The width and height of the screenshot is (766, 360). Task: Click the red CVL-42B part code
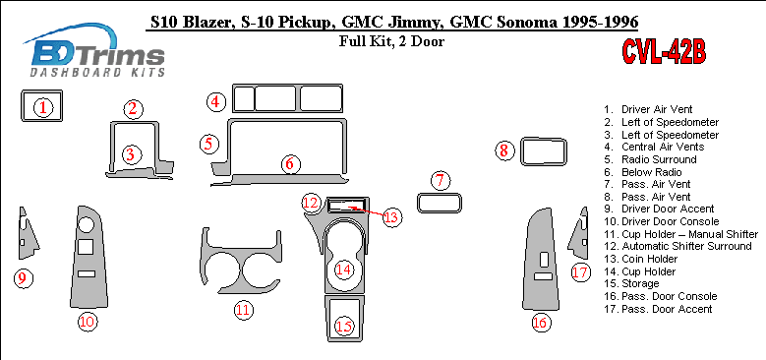tap(664, 52)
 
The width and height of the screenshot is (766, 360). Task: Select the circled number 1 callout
tap(43, 107)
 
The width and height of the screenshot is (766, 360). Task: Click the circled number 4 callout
tap(216, 102)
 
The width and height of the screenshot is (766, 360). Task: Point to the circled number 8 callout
tap(503, 150)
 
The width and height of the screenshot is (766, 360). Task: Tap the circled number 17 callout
tap(581, 272)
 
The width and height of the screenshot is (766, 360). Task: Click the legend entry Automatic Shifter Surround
tap(686, 246)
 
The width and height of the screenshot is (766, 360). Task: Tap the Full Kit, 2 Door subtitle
tap(391, 41)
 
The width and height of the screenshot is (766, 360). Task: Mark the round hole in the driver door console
tap(86, 224)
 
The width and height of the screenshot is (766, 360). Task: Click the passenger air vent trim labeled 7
tap(440, 211)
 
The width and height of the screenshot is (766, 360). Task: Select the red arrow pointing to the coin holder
tap(366, 210)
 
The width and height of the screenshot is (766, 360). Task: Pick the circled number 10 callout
tap(88, 322)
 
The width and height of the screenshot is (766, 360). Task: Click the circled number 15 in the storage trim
tap(343, 326)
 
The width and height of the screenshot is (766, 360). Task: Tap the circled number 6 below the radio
tap(290, 164)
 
